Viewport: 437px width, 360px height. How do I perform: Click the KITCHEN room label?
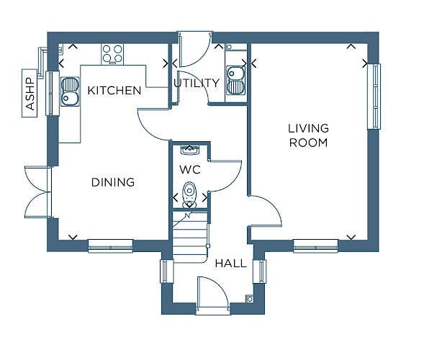(x=114, y=90)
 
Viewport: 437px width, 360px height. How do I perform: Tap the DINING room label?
(x=113, y=182)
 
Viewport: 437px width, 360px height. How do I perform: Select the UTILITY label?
(x=197, y=83)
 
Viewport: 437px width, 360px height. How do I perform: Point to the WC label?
(x=190, y=169)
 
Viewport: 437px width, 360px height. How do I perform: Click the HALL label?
(x=231, y=264)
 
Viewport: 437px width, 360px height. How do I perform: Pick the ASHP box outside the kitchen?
(x=30, y=93)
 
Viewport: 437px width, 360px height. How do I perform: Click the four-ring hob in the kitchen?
(x=112, y=54)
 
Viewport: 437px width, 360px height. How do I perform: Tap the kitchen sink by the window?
(x=70, y=91)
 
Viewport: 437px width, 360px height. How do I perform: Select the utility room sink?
(x=236, y=80)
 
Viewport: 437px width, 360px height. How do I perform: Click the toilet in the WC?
(x=189, y=195)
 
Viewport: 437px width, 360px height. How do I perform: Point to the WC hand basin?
(x=189, y=149)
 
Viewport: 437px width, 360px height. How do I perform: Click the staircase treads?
(x=190, y=237)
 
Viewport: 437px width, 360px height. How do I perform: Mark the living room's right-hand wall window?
(x=374, y=96)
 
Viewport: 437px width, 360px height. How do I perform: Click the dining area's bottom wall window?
(x=110, y=246)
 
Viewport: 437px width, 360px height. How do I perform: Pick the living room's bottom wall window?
(x=316, y=246)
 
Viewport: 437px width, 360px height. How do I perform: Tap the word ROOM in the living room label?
(x=308, y=143)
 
